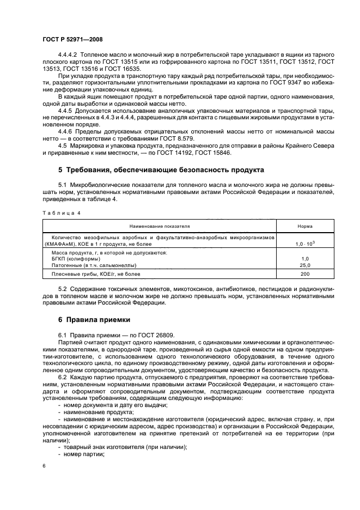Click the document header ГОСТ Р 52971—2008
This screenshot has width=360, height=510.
click(72, 39)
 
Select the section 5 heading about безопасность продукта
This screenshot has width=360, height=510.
click(161, 170)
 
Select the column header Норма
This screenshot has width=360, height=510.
click(304, 226)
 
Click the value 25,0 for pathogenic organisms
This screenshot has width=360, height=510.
click(304, 265)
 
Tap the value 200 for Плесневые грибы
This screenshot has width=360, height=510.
click(304, 274)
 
